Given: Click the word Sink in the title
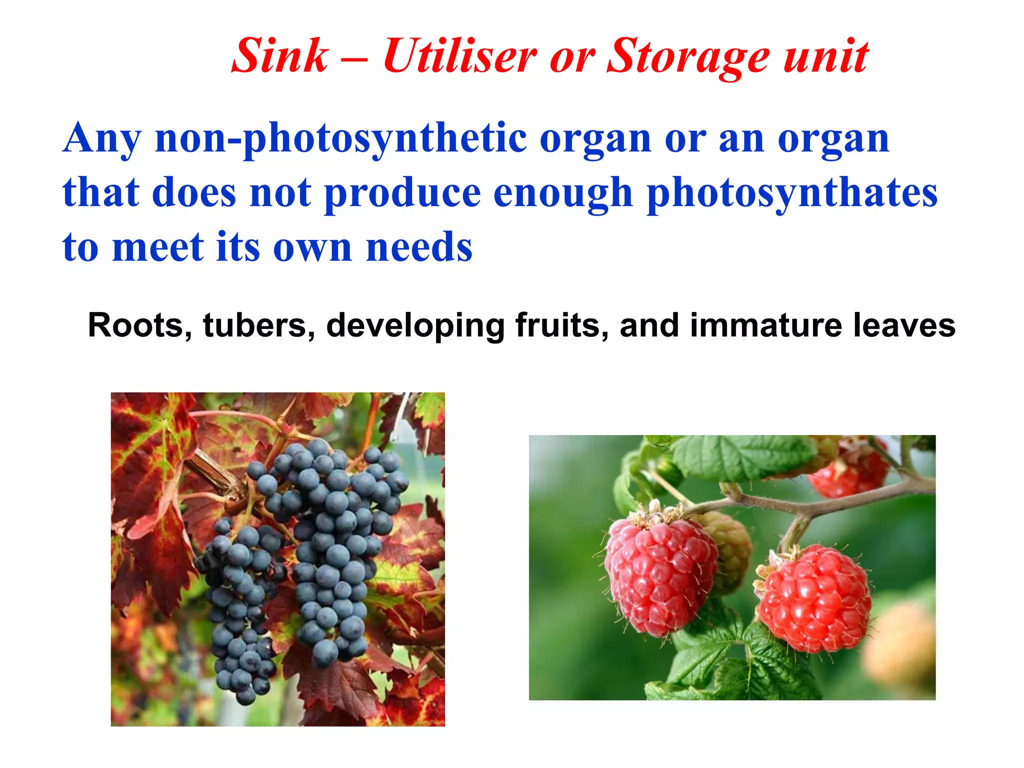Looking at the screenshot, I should pos(280,56).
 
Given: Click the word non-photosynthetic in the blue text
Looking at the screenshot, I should pos(340,138).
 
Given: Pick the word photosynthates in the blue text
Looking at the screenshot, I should pos(792,193).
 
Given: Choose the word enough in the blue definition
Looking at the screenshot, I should pos(563,193).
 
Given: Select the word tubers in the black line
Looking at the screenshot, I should pos(259,325).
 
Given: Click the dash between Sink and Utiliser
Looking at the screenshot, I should pos(355,59).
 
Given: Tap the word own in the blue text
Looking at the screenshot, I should pos(312,248).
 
